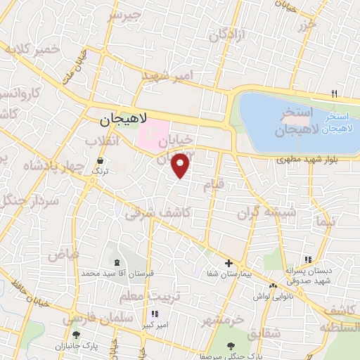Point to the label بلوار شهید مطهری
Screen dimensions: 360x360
[x=307, y=161]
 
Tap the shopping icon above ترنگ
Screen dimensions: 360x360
[x=100, y=161]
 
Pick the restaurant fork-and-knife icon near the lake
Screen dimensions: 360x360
[x=335, y=94]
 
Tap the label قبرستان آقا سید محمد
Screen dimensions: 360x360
[x=122, y=272]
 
